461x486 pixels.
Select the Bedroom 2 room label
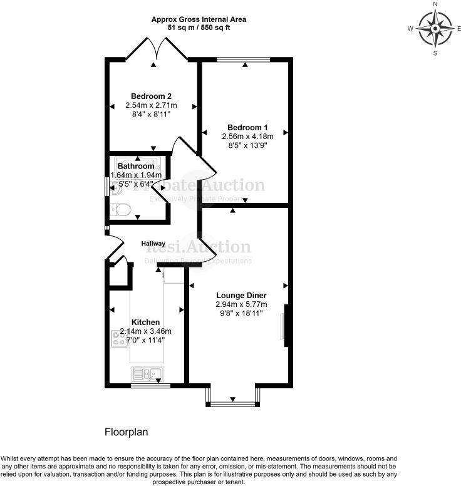[151, 96]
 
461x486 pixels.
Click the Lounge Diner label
[241, 296]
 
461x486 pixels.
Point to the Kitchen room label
[145, 322]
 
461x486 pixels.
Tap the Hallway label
[153, 244]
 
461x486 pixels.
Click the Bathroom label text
[136, 167]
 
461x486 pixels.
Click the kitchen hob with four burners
[119, 339]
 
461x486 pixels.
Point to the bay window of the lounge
[232, 401]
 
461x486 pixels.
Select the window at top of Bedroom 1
[244, 60]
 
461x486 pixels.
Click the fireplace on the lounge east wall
[284, 325]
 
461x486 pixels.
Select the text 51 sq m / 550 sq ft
[199, 28]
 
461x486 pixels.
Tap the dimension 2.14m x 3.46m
[145, 331]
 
